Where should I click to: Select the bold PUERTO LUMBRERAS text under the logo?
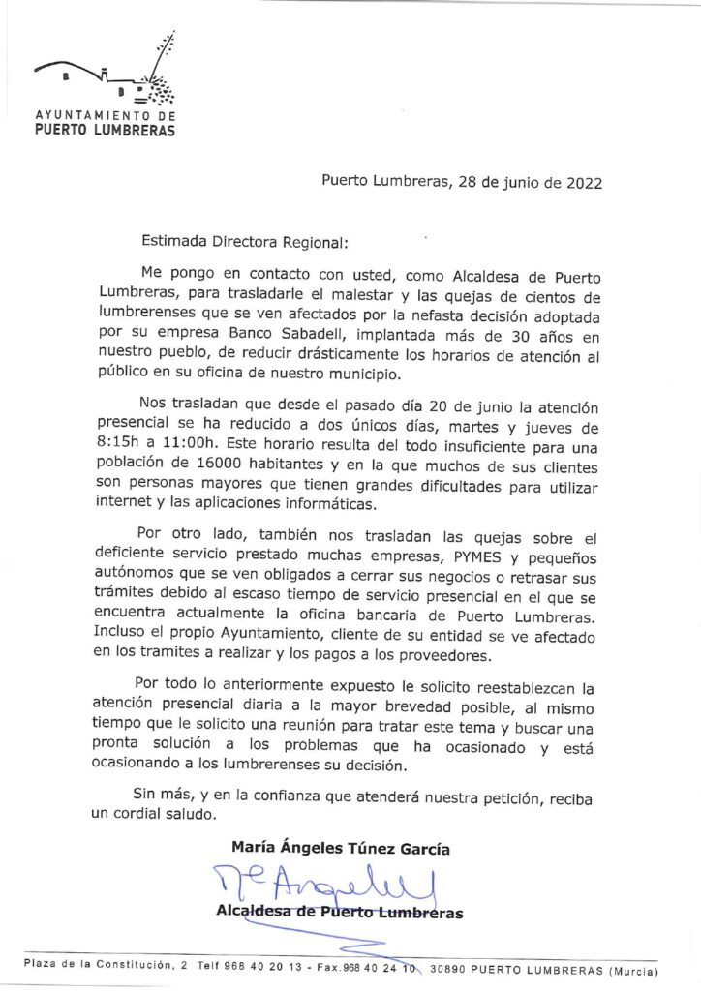(105, 130)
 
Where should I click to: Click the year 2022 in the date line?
(581, 183)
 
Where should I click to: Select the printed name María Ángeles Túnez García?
(340, 849)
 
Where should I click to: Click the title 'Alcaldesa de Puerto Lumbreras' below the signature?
(340, 913)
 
